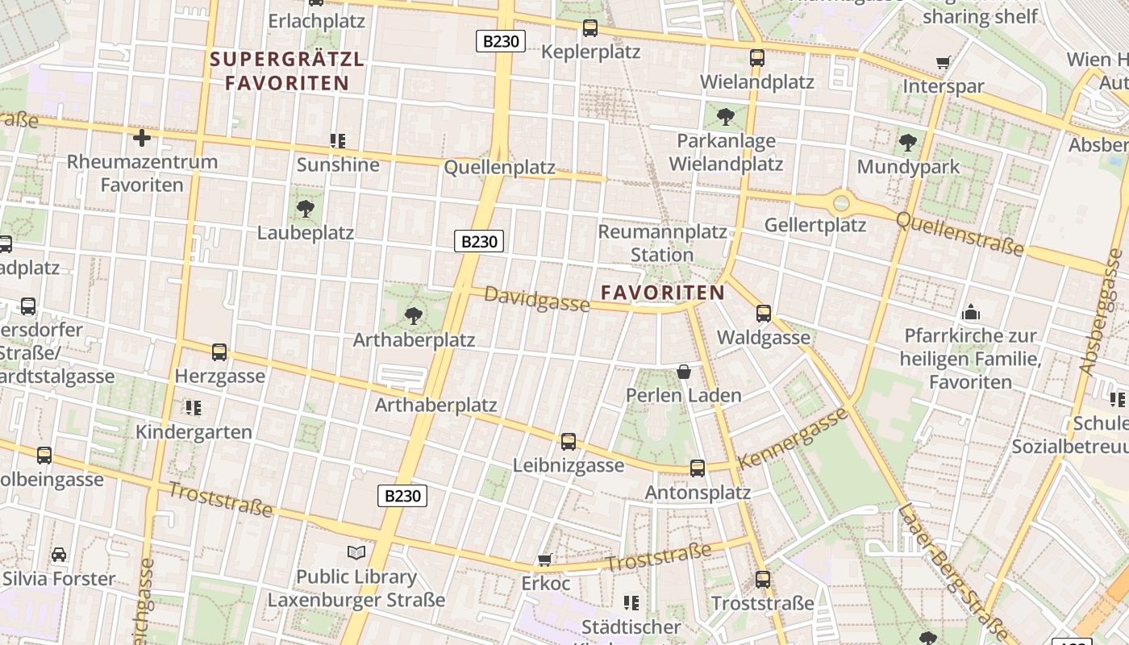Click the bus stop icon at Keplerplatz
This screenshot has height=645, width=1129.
[590, 28]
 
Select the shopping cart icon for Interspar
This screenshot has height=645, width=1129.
[943, 62]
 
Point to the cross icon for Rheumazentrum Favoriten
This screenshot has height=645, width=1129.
[142, 138]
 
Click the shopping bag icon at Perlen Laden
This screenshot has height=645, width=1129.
[684, 372]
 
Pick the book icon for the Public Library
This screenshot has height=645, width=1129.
[356, 552]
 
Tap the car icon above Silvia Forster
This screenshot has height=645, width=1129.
[59, 555]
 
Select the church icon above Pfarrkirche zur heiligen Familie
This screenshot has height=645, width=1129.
[971, 312]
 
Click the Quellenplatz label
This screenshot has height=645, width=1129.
[500, 168]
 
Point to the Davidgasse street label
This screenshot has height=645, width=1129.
[536, 300]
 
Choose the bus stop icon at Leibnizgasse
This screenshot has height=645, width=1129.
[569, 441]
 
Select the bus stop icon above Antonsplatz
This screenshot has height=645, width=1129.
[698, 468]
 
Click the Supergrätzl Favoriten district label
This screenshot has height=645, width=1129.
[287, 71]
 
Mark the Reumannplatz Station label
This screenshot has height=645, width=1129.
[662, 243]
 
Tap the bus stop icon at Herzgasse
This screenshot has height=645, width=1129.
[219, 352]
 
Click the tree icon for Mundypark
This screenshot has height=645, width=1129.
[908, 144]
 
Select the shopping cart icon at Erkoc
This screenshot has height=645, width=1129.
[545, 560]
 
